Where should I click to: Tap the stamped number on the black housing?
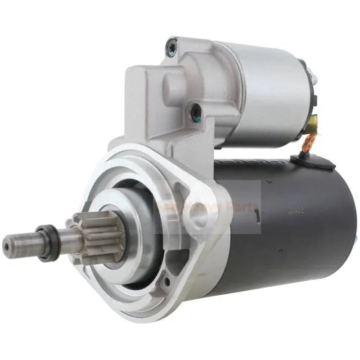coord(293,209)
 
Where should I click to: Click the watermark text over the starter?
coord(207,207)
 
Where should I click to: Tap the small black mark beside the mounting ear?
coord(257,216)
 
